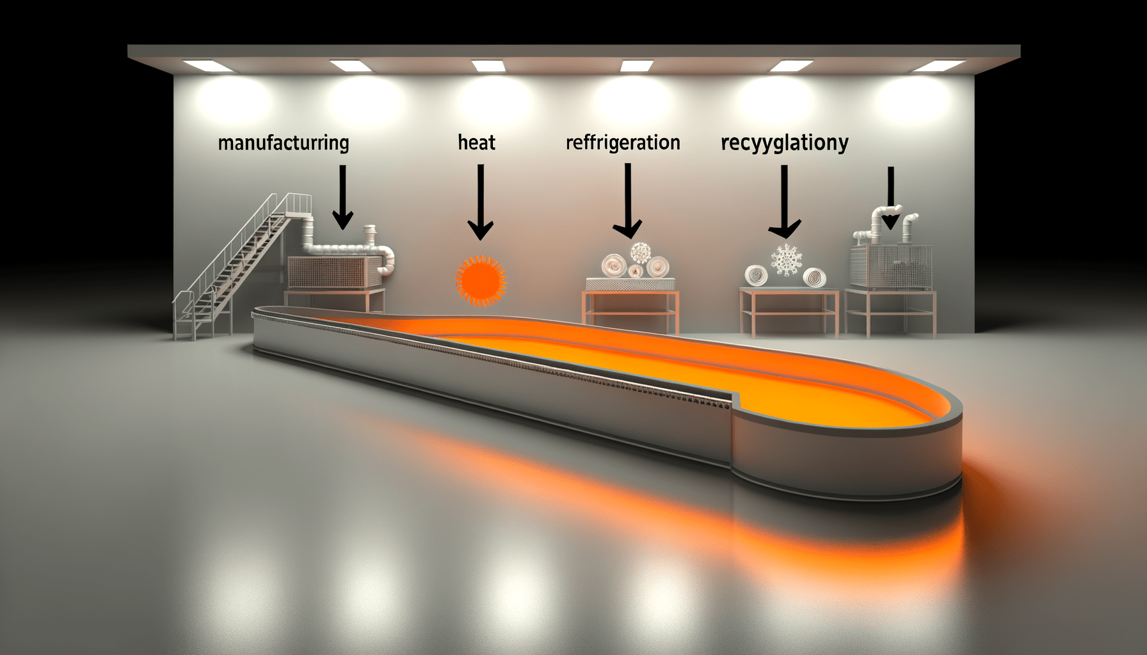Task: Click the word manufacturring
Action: coord(284,143)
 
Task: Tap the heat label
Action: coord(476,142)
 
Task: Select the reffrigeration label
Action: coord(623,142)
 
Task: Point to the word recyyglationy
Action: coord(784,143)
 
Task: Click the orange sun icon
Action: coord(481,280)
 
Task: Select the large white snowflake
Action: coord(787,260)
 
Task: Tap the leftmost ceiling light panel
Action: coord(208,65)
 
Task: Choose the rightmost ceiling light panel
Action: coord(938,66)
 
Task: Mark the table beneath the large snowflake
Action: coord(789,310)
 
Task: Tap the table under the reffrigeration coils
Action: coord(630,310)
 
